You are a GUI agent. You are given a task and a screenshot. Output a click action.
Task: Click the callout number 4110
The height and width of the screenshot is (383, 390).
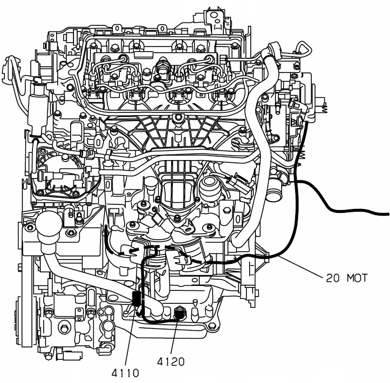[125, 373]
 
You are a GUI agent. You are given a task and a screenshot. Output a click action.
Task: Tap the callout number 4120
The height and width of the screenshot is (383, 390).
[171, 361]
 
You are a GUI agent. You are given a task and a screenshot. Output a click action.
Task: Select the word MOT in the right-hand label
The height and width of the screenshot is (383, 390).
[357, 278]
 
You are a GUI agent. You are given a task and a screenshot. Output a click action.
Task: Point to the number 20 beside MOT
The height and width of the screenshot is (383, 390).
[333, 278]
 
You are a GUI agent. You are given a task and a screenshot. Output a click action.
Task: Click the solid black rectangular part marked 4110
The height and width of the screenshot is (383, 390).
[136, 299]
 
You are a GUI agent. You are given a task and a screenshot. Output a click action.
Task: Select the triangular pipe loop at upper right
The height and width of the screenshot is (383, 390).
[304, 49]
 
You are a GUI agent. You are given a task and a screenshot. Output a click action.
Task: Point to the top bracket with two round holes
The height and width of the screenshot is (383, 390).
[215, 19]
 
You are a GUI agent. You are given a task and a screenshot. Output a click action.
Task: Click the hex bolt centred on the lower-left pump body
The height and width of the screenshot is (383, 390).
[65, 329]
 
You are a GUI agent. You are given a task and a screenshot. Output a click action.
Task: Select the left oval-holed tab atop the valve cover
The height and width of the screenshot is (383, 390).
[117, 28]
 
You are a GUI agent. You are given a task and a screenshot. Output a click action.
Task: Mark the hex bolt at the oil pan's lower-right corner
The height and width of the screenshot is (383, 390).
[212, 326]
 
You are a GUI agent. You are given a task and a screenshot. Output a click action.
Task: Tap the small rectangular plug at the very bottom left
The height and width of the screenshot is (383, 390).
[72, 355]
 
